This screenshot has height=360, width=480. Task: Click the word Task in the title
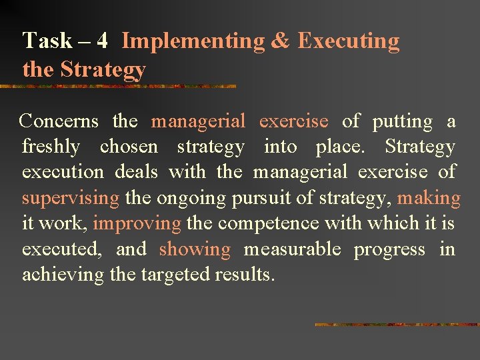[47, 41]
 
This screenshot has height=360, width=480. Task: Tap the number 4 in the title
[102, 41]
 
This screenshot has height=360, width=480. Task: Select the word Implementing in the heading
[193, 41]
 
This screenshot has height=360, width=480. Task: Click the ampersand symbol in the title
[281, 41]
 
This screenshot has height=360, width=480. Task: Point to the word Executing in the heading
[348, 41]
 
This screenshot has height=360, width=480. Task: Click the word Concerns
[59, 121]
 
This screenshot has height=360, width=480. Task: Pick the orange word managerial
[198, 121]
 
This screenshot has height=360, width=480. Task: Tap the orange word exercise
[293, 121]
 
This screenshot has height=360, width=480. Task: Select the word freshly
[51, 147]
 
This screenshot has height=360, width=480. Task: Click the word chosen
[129, 147]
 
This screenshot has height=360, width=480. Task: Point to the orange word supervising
[71, 198]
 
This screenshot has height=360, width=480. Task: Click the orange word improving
[137, 223]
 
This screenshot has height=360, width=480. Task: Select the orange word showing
[195, 249]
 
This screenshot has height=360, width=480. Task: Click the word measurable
[292, 249]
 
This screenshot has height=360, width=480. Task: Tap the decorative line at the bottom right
[397, 325]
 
